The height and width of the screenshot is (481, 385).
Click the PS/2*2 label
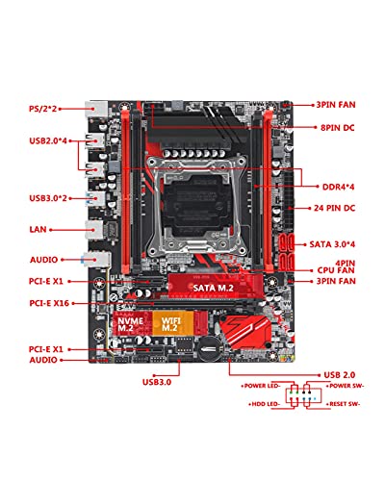[43, 109]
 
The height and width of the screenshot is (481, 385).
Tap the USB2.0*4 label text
[48, 140]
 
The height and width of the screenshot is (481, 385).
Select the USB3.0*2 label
[48, 198]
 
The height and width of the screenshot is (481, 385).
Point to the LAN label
[38, 230]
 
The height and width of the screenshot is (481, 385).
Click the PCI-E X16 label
[49, 303]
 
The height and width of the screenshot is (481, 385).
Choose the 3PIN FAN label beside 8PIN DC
[336, 105]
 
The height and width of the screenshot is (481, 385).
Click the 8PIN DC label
[338, 128]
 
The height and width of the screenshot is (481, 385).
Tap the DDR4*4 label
[338, 187]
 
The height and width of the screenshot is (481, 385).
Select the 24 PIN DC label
[334, 208]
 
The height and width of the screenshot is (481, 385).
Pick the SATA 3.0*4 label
[332, 244]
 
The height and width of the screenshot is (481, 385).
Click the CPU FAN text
[336, 270]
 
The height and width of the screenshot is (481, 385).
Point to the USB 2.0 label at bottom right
[340, 375]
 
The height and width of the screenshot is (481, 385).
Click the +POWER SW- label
[345, 386]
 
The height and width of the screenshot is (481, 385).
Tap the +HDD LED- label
[265, 404]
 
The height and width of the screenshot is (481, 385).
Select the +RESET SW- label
[344, 404]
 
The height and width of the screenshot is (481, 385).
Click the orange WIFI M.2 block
[173, 323]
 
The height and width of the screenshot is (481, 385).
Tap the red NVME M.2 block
[133, 323]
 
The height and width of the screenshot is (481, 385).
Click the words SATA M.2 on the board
[213, 288]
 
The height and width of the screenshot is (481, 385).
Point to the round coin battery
[208, 349]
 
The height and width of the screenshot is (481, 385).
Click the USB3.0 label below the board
[157, 382]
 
